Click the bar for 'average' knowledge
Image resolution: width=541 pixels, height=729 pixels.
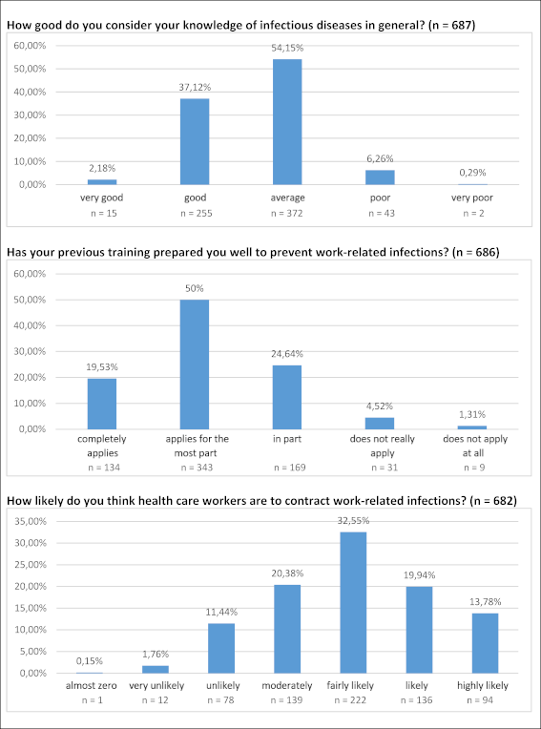point(287,122)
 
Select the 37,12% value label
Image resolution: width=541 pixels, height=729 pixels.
point(196,87)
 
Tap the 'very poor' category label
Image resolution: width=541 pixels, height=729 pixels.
point(472,198)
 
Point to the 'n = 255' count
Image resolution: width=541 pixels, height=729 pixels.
point(196,214)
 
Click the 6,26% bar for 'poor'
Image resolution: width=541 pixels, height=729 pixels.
point(380,177)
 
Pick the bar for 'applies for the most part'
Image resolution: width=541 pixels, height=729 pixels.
point(195,364)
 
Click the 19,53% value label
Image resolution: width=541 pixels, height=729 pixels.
point(102,366)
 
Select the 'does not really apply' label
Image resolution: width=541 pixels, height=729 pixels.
point(382,446)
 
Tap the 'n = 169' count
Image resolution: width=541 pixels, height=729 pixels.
point(289,468)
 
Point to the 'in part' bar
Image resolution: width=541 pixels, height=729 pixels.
point(287,397)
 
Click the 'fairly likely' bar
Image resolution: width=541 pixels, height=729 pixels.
point(353,602)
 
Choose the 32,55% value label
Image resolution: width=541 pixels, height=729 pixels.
point(354,521)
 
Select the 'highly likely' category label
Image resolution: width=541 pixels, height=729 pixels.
point(483,685)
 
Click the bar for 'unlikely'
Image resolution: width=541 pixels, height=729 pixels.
point(221,648)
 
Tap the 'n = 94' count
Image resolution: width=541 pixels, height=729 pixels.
point(483,700)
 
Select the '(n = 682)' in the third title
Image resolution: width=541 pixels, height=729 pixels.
point(493,500)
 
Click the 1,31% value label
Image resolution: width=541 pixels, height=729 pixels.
point(472,414)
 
